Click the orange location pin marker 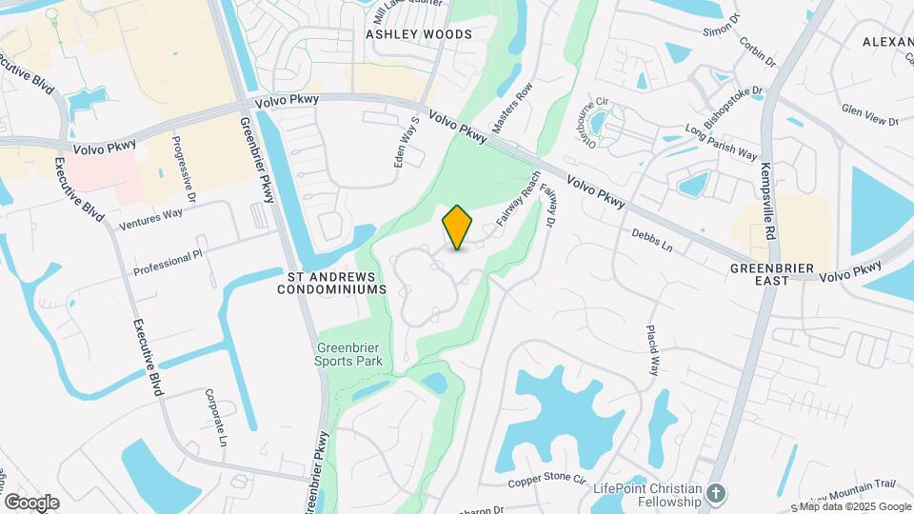(x=457, y=227)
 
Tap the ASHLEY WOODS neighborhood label (x=419, y=34)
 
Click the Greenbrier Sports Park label (x=349, y=354)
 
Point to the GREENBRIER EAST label (x=773, y=274)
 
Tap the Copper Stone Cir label (x=545, y=483)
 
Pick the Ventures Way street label (x=151, y=219)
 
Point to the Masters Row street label (x=511, y=113)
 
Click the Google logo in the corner (x=31, y=502)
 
